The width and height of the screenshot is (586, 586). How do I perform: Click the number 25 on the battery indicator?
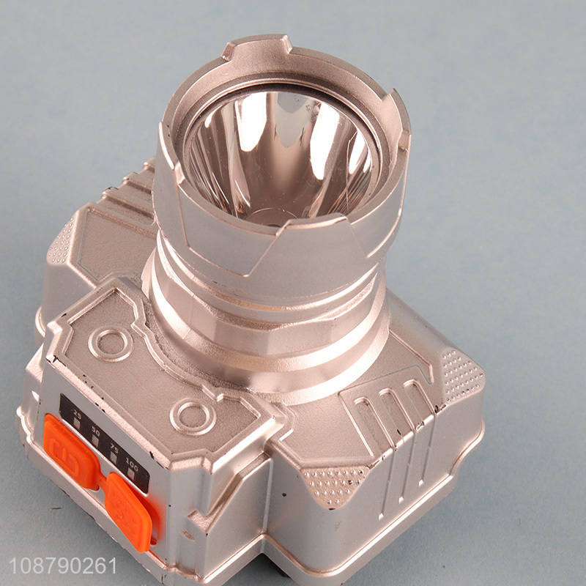[x=75, y=416]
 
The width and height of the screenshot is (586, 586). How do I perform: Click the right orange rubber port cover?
[x=130, y=509]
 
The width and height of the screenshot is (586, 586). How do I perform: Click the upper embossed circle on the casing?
[x=111, y=344]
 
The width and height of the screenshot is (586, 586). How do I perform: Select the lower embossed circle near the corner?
[x=193, y=417]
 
